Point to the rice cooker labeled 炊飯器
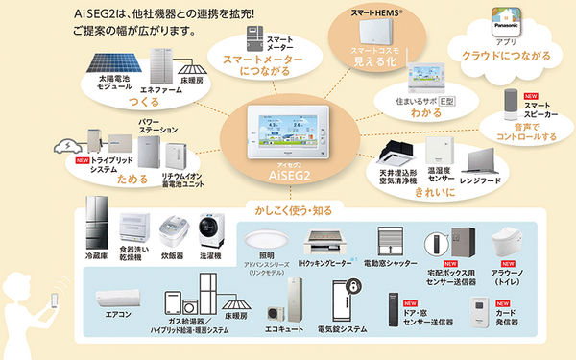pyautogui.click(x=173, y=230)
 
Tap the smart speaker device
pyautogui.click(x=509, y=104)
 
